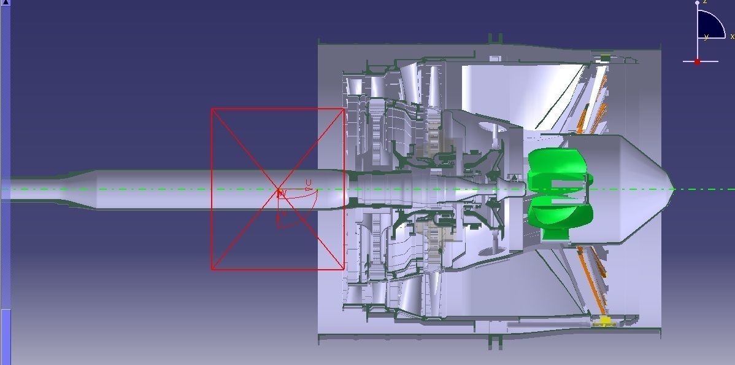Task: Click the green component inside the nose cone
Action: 558,190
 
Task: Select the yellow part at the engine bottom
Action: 605,320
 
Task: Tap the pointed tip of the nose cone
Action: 673,189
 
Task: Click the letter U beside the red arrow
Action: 309,182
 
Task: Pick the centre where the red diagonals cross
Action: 278,189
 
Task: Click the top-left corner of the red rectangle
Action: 212,109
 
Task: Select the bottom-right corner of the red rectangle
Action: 344,269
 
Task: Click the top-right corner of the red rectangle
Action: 344,109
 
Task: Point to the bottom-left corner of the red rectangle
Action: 212,269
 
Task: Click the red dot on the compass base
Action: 697,61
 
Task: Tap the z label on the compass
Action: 705,2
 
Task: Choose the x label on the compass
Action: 732,37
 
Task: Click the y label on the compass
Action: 706,37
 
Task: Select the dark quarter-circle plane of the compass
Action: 709,25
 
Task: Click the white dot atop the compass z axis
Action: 697,3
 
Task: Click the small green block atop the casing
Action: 605,58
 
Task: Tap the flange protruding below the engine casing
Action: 494,340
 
